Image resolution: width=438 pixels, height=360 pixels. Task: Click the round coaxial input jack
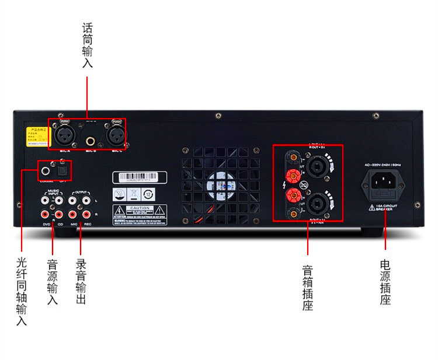46,171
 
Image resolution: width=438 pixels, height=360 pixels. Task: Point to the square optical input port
61,171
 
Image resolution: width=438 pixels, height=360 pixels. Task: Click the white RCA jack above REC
86,200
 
